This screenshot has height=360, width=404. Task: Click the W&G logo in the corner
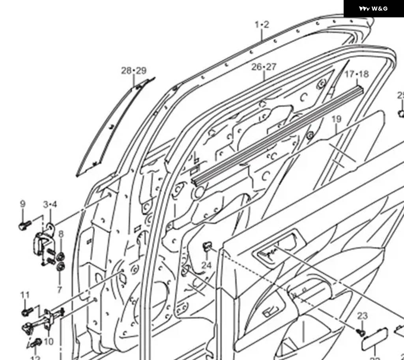[x=373, y=9]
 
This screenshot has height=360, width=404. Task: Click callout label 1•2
[x=262, y=25]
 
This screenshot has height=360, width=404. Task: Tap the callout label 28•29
[x=134, y=71]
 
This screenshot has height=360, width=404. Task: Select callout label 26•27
[x=264, y=67]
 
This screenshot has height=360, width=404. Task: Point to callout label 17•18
[x=357, y=74]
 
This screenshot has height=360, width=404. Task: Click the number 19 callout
[x=336, y=119]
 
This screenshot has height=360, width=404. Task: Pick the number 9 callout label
[x=23, y=204]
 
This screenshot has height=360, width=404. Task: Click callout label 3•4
[x=50, y=204]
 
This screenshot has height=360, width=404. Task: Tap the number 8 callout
[x=61, y=234]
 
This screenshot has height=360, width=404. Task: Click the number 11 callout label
[x=25, y=295]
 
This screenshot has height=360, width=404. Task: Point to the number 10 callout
[x=49, y=341]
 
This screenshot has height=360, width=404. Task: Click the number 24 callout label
[x=206, y=265]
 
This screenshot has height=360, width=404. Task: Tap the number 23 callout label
[x=362, y=316]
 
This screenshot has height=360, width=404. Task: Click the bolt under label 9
[x=24, y=226]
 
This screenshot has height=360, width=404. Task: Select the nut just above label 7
[x=60, y=267]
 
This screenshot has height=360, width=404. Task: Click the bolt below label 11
[x=26, y=312]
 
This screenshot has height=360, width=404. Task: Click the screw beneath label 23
[x=360, y=332]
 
